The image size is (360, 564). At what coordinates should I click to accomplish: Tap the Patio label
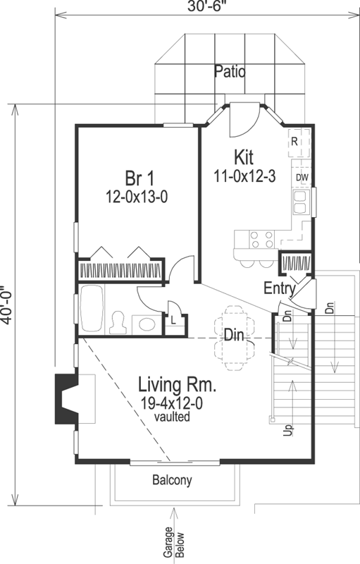click(230, 70)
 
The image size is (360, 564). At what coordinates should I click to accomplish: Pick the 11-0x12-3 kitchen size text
click(244, 175)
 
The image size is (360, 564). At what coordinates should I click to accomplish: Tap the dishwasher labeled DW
click(302, 176)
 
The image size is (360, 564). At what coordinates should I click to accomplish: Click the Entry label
click(279, 288)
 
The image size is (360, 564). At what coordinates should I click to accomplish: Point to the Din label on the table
click(234, 335)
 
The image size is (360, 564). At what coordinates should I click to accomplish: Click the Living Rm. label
click(176, 386)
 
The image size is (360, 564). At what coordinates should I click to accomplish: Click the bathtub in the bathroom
click(91, 310)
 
